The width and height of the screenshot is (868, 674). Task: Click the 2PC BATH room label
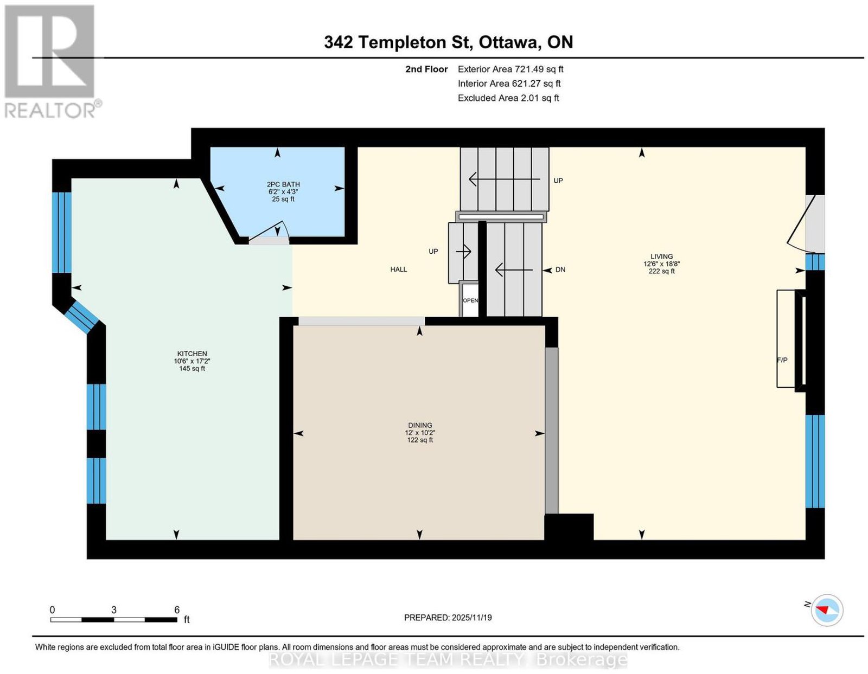point(283,184)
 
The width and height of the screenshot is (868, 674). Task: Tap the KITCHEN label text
point(192,354)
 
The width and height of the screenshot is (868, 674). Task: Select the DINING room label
point(420,426)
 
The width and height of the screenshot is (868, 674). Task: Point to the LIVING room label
point(661,256)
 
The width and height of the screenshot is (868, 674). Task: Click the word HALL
point(399,269)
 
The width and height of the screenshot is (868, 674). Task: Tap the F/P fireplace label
point(782,360)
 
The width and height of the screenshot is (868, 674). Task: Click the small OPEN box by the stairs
point(470,300)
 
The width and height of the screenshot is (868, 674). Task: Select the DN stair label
point(560,269)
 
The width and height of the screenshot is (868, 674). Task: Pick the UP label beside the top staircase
point(558,181)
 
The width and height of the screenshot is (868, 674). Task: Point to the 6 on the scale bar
point(176,610)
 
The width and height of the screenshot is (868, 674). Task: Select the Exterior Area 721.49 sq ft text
point(510,69)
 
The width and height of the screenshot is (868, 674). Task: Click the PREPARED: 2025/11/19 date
point(448,618)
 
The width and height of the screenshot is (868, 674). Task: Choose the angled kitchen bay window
point(82,317)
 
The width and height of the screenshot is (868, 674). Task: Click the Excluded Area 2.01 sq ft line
point(508,98)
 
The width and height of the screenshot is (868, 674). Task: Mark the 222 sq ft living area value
point(661,271)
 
